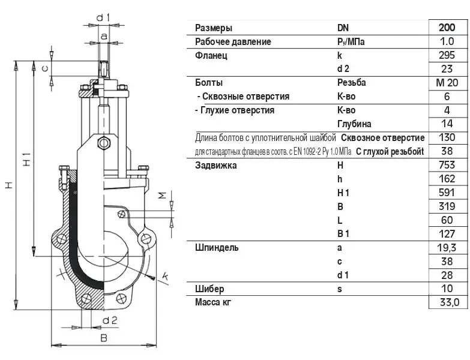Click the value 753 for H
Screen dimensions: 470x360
(x=447, y=165)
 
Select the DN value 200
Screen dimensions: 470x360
(x=447, y=28)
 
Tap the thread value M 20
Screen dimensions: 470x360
(x=447, y=82)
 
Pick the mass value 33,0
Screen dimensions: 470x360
(x=450, y=302)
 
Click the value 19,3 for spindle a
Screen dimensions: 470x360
(x=447, y=248)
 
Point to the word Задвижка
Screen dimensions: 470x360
(x=216, y=166)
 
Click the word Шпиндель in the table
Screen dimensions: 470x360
(x=217, y=248)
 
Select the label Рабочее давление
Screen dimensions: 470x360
(x=233, y=41)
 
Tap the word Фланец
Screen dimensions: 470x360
(x=211, y=56)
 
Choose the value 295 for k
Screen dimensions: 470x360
(x=447, y=55)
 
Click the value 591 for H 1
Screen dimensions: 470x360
(x=447, y=193)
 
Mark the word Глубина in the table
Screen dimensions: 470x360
(x=354, y=124)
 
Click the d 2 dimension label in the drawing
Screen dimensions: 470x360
(x=110, y=321)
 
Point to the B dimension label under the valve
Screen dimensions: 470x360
(x=104, y=338)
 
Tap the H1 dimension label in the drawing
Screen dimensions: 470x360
(x=27, y=159)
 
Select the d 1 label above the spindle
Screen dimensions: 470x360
(x=103, y=17)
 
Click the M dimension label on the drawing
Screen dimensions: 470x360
(x=162, y=196)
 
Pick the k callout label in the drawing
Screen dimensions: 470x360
(x=165, y=276)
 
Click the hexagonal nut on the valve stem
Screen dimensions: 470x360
(x=104, y=143)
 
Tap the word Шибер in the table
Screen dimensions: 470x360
(x=209, y=289)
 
